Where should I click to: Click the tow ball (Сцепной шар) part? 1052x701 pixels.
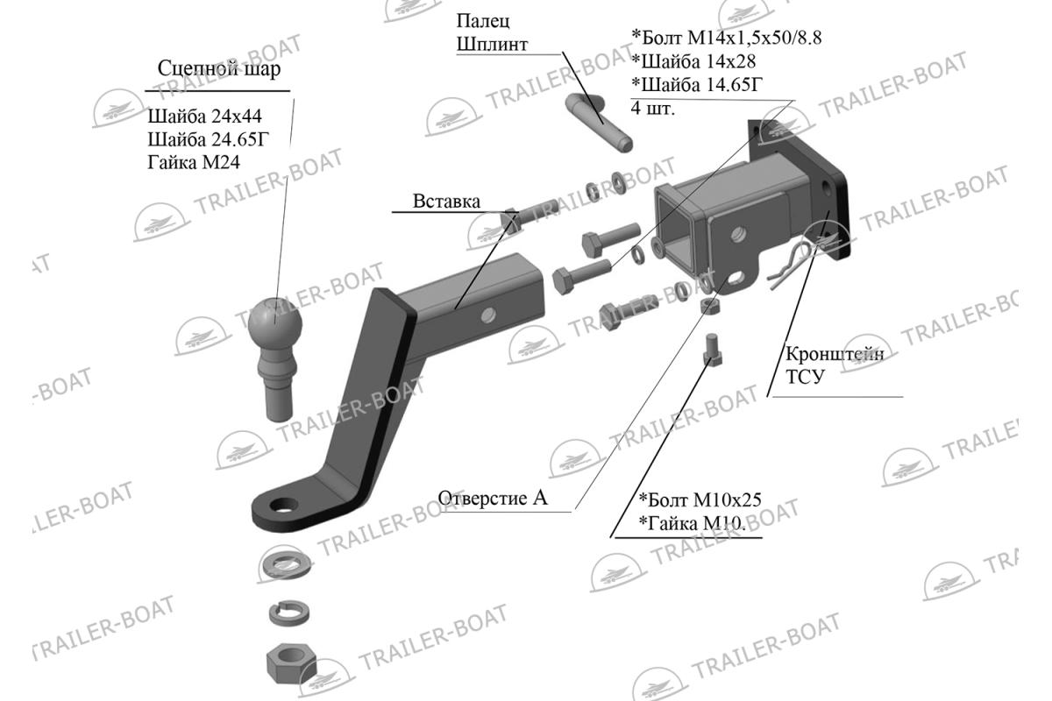point(275,357)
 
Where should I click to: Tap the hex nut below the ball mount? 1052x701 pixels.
point(291,662)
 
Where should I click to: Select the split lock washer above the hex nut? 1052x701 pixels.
point(289,613)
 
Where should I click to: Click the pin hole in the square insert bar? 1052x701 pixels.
point(487,315)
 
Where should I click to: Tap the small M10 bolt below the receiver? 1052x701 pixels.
point(712,349)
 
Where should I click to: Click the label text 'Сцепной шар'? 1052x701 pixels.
point(219,69)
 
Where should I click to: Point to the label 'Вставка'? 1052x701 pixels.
point(446,202)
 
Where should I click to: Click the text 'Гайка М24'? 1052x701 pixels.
point(194,162)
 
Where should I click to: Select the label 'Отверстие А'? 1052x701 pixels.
point(493,498)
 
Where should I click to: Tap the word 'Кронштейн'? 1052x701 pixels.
point(835,353)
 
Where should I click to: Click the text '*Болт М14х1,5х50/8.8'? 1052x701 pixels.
point(727,38)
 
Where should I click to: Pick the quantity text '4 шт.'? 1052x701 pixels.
point(653,108)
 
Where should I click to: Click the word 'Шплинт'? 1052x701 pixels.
point(492,45)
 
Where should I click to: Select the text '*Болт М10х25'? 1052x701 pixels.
point(700,499)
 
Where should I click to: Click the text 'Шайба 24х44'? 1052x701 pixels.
point(205,116)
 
